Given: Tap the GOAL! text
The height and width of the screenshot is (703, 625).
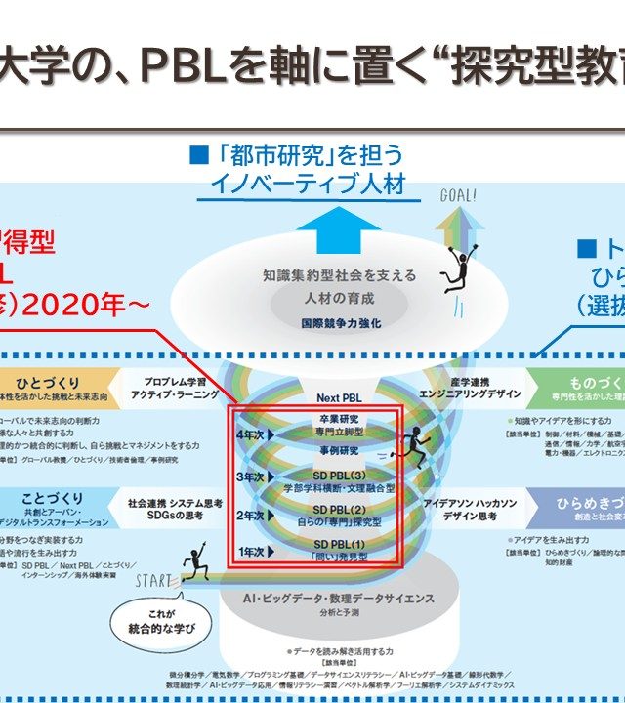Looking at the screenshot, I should (x=458, y=194).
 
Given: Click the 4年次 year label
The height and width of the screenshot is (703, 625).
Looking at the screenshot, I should (x=253, y=433).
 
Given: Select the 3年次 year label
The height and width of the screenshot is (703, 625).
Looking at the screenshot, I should (x=253, y=476).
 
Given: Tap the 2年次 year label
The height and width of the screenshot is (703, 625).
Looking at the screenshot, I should (x=253, y=515).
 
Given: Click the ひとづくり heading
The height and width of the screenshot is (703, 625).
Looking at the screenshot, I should (x=48, y=383).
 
